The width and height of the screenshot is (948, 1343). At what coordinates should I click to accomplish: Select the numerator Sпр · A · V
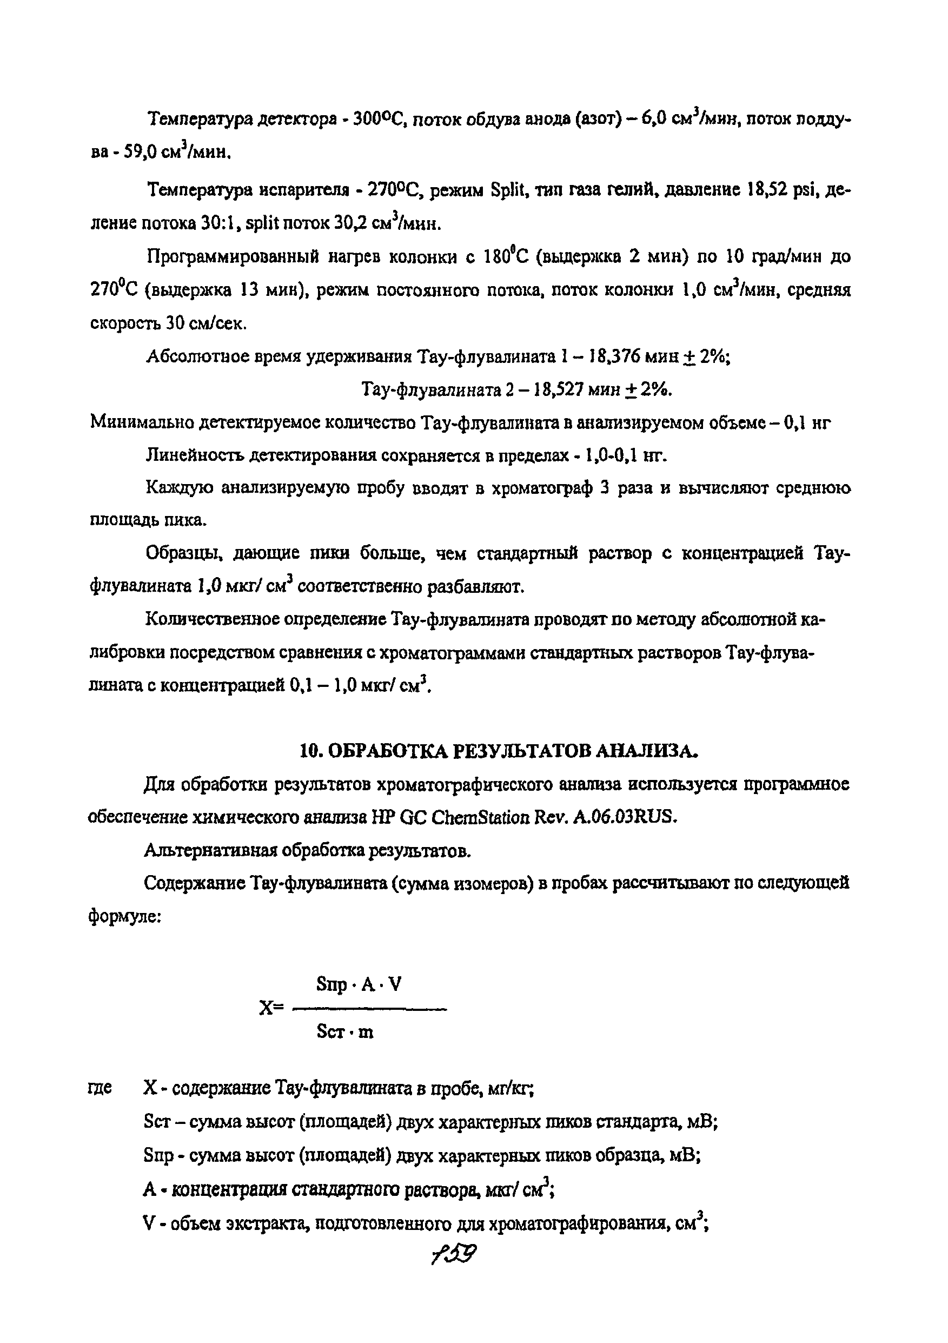359,985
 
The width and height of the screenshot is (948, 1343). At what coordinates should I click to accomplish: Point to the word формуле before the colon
122,916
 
